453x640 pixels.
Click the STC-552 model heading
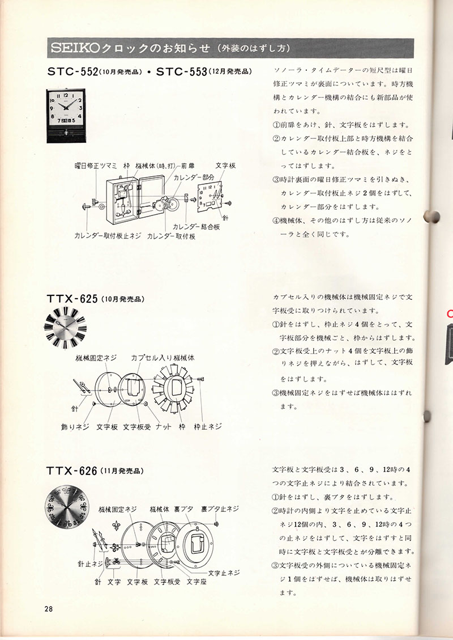pyautogui.click(x=72, y=71)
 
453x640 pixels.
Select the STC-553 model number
pyautogui.click(x=181, y=71)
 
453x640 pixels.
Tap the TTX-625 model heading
pyautogui.click(x=72, y=299)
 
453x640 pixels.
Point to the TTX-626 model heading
pyautogui.click(x=72, y=471)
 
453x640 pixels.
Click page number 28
pyautogui.click(x=49, y=609)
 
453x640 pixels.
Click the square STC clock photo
pyautogui.click(x=66, y=116)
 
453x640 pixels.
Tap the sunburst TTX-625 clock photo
pyautogui.click(x=65, y=328)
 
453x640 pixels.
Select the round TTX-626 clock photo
pyautogui.click(x=66, y=506)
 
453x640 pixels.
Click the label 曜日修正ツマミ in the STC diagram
pyautogui.click(x=96, y=166)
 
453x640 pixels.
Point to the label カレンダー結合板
pyautogui.click(x=196, y=227)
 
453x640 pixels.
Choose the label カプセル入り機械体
pyautogui.click(x=163, y=358)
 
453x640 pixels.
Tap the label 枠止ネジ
pyautogui.click(x=208, y=426)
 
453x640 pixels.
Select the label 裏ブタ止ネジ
pyautogui.click(x=220, y=509)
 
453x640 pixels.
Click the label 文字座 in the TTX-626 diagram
pyautogui.click(x=196, y=582)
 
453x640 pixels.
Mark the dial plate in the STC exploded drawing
pyautogui.click(x=210, y=197)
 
